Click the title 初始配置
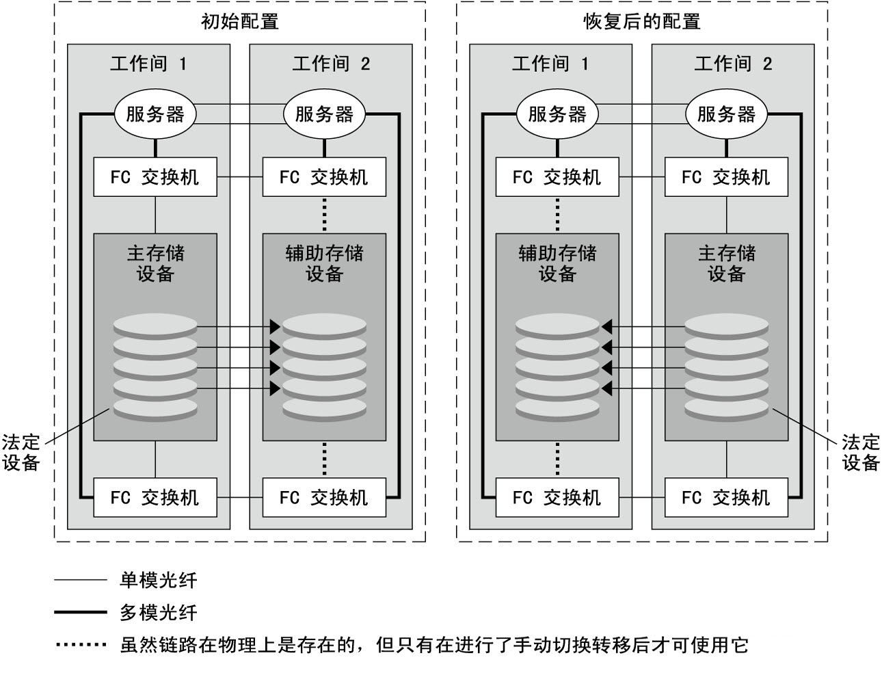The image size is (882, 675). [239, 21]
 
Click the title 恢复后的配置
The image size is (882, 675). [642, 21]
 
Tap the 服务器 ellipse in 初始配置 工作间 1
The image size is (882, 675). [155, 114]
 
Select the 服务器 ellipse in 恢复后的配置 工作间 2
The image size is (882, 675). [726, 114]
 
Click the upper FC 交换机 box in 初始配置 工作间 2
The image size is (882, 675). [324, 176]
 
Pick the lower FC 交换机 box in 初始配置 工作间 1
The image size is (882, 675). [155, 497]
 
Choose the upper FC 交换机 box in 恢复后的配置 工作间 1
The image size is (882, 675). [557, 176]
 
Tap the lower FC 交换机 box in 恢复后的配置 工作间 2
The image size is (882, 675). [726, 497]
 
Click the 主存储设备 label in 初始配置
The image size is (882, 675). [155, 263]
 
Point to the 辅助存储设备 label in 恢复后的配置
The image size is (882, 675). [557, 263]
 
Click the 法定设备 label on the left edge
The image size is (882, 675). [21, 453]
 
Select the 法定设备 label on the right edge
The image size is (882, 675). [861, 453]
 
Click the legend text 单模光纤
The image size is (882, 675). [159, 580]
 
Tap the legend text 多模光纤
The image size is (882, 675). [159, 613]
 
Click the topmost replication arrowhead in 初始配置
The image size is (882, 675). [275, 327]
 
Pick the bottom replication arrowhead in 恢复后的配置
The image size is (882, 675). [606, 388]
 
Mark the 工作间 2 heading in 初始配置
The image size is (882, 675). [331, 64]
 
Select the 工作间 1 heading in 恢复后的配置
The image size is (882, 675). [550, 64]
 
